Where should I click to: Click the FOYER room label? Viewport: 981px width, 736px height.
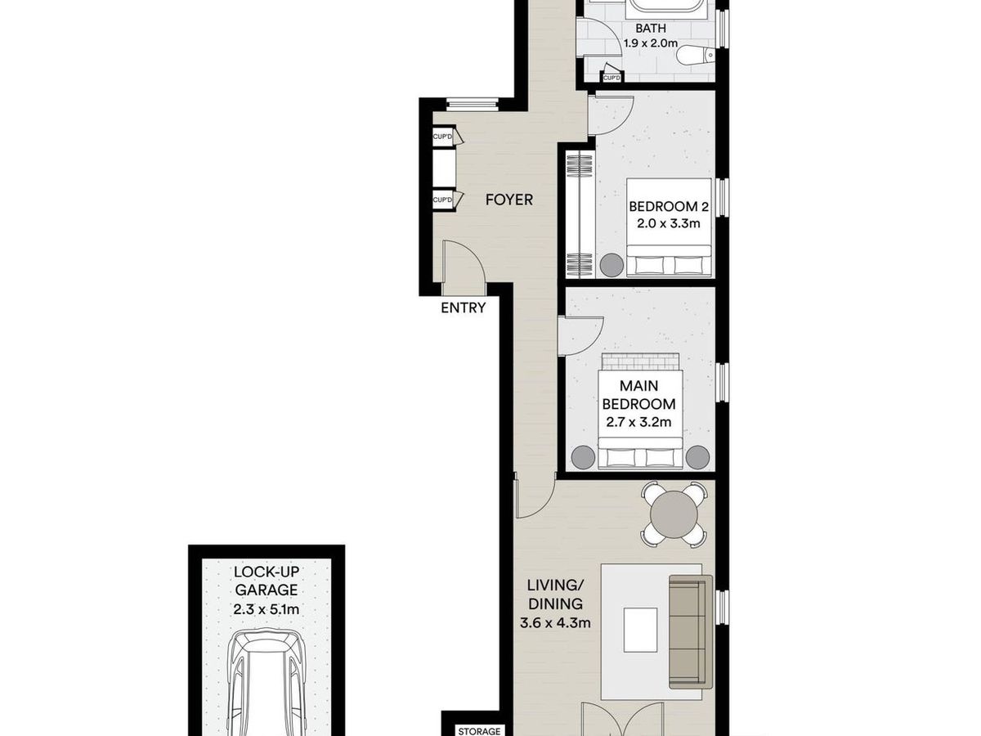508,200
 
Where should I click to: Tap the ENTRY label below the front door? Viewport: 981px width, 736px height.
463,308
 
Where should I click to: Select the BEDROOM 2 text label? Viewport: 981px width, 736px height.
663,207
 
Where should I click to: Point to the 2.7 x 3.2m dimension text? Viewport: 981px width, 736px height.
638,422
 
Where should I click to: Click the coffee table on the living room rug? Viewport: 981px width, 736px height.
640,630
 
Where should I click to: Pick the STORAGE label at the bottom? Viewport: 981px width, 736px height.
478,731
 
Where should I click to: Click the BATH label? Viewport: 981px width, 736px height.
652,28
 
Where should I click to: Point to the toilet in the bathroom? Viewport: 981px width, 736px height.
700,55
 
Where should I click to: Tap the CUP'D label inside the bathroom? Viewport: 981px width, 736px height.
611,78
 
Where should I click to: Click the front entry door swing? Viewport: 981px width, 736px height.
460,266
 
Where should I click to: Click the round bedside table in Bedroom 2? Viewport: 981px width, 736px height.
611,264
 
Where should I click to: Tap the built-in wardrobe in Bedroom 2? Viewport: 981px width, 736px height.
578,213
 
